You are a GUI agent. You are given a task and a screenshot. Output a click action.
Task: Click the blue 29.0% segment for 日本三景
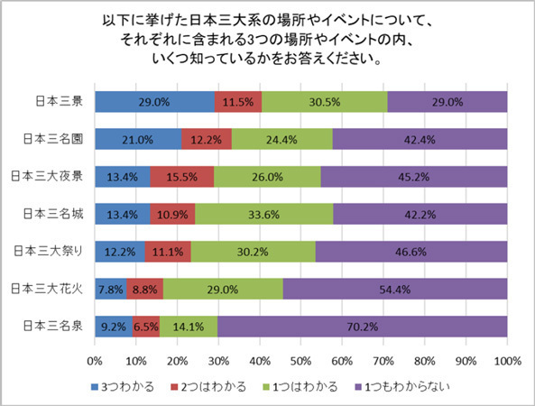click(x=154, y=102)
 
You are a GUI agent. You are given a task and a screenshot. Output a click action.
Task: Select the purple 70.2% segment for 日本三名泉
click(x=362, y=327)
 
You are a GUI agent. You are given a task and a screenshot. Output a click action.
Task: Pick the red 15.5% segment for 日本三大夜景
click(x=182, y=177)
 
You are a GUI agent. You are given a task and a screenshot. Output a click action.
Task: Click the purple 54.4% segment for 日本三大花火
click(x=394, y=289)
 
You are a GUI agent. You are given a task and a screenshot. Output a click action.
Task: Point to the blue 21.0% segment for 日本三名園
click(x=138, y=139)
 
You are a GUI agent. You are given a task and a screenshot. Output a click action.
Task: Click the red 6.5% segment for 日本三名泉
click(x=146, y=327)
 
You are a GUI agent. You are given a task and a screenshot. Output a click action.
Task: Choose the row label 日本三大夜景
click(x=52, y=177)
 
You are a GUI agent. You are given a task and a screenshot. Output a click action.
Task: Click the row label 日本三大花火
click(x=52, y=289)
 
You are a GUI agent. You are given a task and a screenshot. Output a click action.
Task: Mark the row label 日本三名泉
click(x=55, y=327)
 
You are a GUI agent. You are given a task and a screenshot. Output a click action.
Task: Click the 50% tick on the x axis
click(x=300, y=361)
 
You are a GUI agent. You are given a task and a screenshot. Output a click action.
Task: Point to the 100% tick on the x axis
click(x=506, y=361)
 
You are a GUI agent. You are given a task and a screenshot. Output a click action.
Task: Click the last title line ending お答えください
click(x=267, y=60)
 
